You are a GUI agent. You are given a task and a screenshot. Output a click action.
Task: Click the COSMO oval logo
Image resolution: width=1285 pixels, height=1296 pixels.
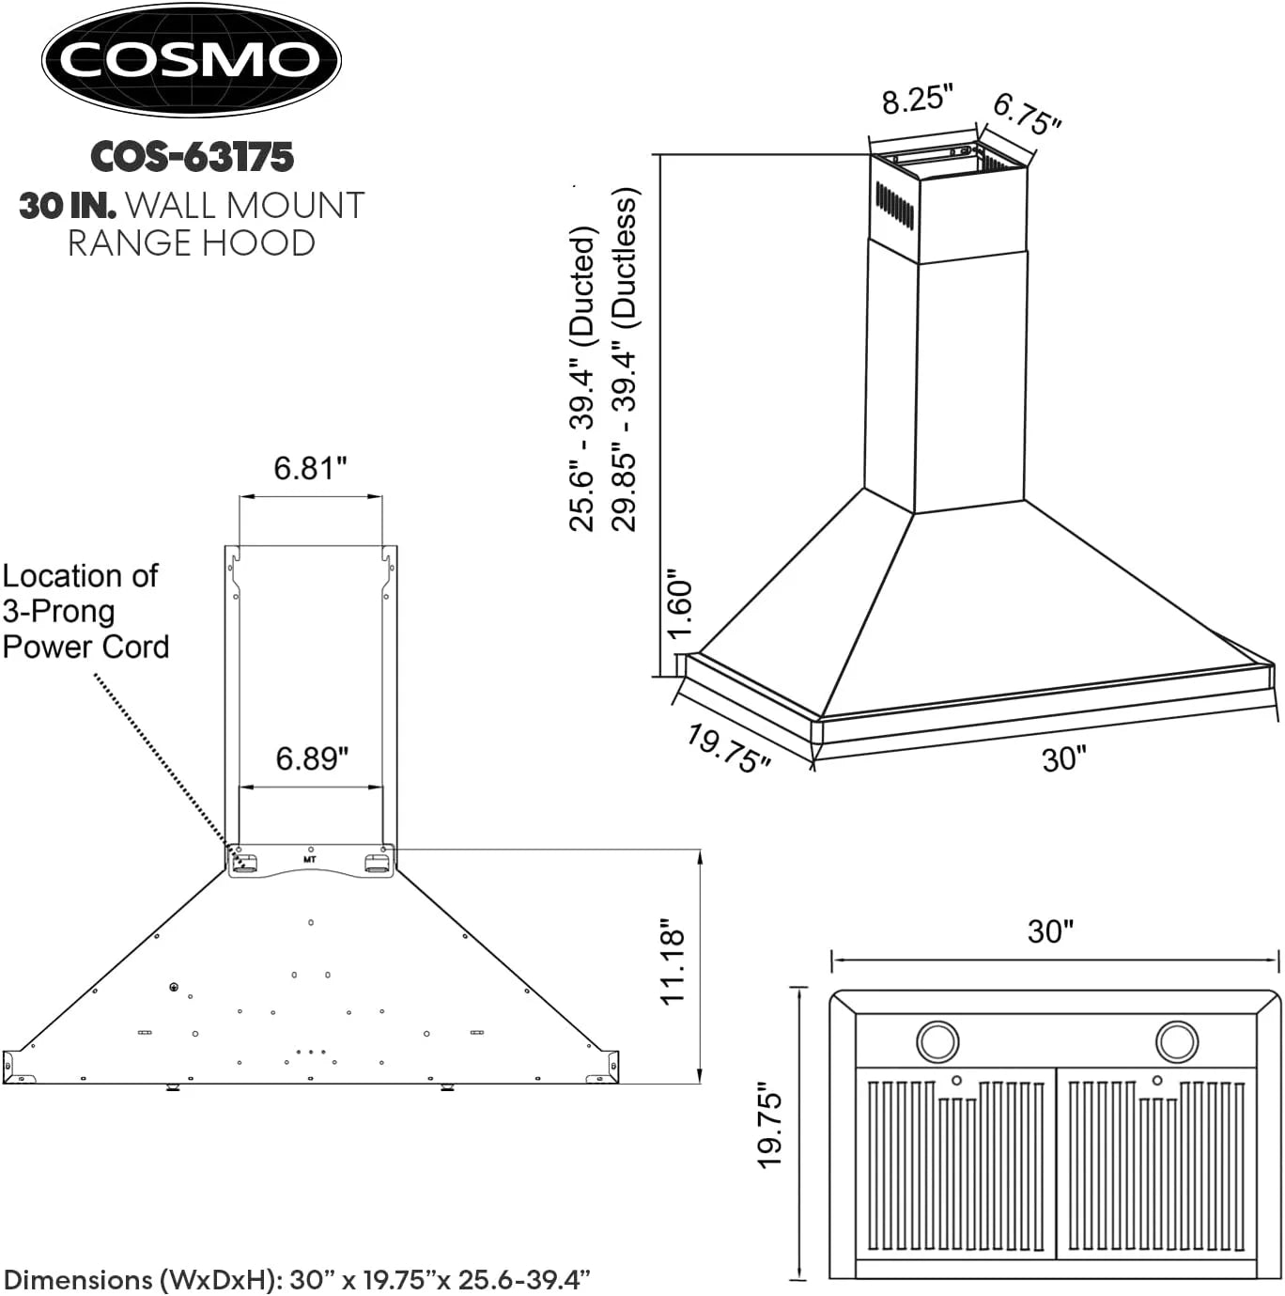click(x=191, y=60)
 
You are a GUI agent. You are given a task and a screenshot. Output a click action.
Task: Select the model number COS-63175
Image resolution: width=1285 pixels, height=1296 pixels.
click(x=192, y=157)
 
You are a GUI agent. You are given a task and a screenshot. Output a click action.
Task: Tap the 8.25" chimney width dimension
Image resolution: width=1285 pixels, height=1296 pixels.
click(x=917, y=99)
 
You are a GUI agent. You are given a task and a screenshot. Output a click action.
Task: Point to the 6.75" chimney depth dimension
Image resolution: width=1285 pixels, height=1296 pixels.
click(x=1027, y=115)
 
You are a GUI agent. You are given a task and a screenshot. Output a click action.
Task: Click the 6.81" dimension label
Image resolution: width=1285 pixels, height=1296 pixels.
click(x=310, y=467)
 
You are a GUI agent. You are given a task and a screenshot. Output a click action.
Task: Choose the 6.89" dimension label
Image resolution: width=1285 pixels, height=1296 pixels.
click(x=312, y=757)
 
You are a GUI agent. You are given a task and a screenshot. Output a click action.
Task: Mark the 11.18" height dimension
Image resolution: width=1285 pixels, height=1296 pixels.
click(x=673, y=961)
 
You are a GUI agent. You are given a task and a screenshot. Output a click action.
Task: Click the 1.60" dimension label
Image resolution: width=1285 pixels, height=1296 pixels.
click(x=679, y=602)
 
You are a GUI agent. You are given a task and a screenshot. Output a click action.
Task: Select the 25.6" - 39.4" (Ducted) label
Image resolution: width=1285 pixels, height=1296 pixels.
click(x=582, y=379)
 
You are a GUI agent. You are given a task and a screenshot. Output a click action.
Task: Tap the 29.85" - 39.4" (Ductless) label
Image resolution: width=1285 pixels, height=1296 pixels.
click(x=625, y=360)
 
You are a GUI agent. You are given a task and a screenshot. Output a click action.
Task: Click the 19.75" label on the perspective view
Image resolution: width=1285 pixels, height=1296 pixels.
click(x=728, y=748)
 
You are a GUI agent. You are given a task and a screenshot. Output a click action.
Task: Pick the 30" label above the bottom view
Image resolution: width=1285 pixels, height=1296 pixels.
click(x=1050, y=931)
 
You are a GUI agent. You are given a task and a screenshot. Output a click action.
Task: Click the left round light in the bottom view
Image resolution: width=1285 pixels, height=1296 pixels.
click(x=937, y=1040)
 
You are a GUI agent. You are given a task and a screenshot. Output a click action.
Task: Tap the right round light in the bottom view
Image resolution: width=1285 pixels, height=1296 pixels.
click(x=1176, y=1040)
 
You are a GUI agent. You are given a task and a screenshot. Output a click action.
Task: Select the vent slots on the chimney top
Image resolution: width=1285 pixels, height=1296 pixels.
click(x=894, y=205)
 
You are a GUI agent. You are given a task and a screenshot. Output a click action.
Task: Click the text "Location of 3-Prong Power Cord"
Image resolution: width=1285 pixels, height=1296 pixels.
click(x=85, y=611)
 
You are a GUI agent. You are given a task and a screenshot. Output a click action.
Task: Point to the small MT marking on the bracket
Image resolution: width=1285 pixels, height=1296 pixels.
click(x=310, y=859)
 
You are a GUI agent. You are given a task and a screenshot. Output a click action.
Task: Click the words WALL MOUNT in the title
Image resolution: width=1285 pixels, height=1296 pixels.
click(x=244, y=205)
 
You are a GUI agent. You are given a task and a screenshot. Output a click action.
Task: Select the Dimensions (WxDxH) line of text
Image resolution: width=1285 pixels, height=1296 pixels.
click(x=297, y=1279)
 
